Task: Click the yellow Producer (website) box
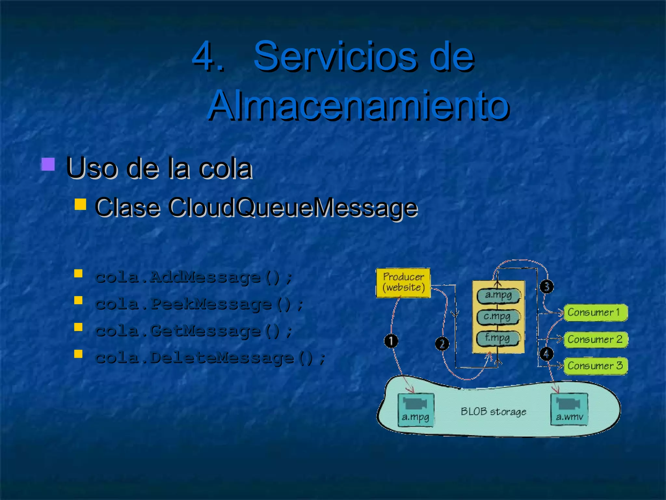click(403, 283)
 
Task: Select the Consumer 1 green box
click(595, 312)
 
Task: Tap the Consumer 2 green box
click(595, 339)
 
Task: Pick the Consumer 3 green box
click(595, 366)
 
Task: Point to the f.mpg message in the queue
click(498, 338)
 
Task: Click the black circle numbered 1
click(391, 341)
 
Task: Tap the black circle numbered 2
click(442, 344)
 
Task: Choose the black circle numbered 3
click(547, 286)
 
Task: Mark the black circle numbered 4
click(546, 354)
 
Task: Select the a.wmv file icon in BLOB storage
click(569, 409)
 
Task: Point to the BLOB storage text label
click(493, 412)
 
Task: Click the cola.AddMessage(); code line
click(194, 277)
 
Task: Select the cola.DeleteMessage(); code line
click(210, 358)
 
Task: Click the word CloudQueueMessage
click(293, 207)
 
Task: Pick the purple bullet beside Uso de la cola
click(48, 164)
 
